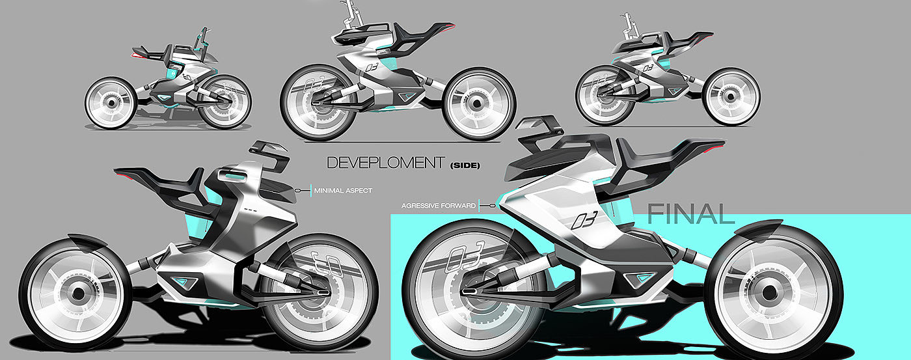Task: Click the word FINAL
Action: pos(691,214)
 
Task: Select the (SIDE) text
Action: pos(465,165)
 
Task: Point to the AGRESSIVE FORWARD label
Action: pos(439,205)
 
